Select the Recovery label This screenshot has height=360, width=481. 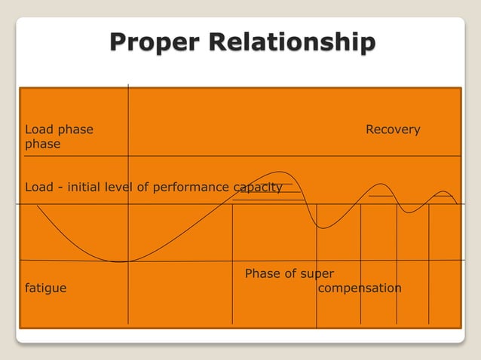click(393, 130)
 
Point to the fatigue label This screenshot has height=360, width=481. click(45, 288)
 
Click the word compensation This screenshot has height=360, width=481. click(360, 288)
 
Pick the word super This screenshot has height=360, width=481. click(317, 273)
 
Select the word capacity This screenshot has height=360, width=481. click(258, 187)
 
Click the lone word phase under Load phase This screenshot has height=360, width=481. click(43, 144)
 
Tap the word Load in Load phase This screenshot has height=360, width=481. click(39, 130)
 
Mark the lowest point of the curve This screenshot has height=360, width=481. click(124, 261)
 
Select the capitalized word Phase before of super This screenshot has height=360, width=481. click(262, 273)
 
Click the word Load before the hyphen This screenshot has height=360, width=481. click(39, 187)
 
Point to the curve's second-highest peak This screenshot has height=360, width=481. click(381, 184)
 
